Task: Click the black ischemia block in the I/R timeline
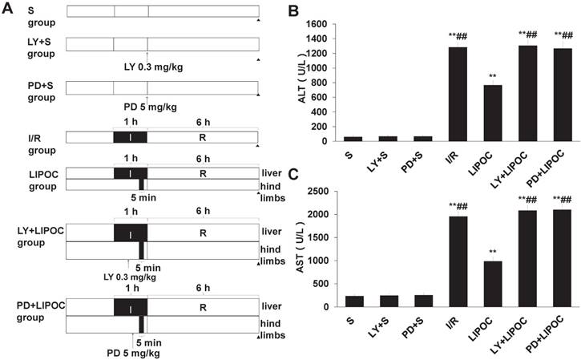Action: (x=131, y=136)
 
